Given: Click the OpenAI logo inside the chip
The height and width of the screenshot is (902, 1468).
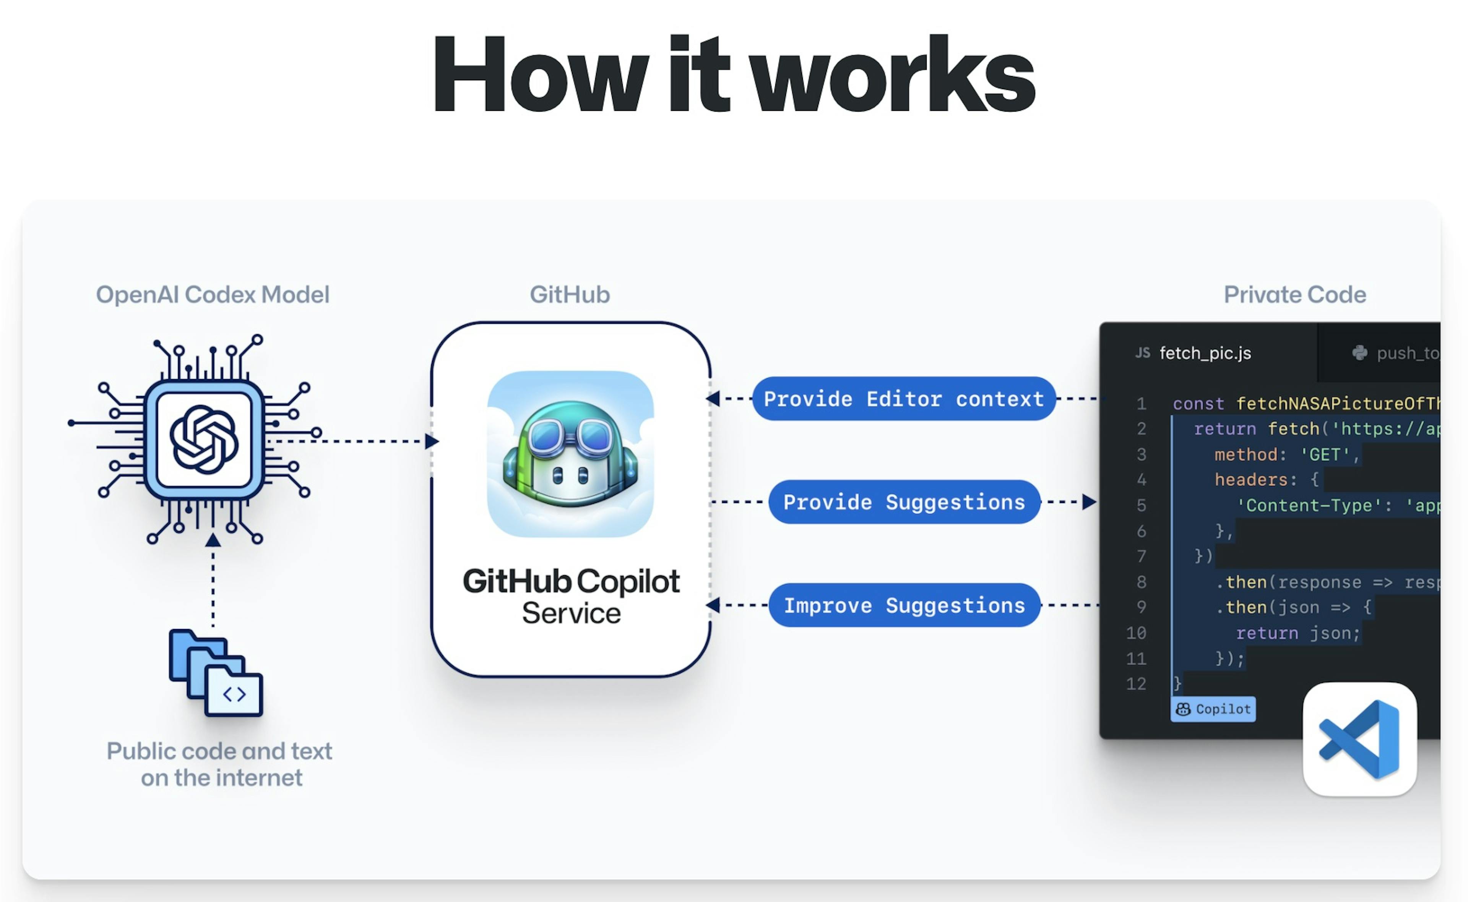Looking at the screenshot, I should (204, 440).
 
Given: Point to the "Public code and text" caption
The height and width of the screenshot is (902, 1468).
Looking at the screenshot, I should (219, 751).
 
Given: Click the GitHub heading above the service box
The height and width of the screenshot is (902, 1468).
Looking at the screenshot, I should (570, 295).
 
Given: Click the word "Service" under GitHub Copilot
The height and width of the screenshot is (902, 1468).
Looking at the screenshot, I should (571, 613).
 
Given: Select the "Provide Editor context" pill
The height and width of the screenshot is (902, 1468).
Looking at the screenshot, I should (904, 399).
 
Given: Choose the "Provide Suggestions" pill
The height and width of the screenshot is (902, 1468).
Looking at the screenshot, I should (904, 502).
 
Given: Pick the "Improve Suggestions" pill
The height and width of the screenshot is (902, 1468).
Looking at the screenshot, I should (904, 605).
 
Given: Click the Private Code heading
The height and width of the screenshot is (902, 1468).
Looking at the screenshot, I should (1294, 295).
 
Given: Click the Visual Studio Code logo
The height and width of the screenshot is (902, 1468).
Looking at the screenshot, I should (1359, 739).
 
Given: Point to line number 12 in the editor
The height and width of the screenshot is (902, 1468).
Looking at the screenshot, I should (1136, 684).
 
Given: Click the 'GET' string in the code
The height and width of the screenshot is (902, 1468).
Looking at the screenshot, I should (1324, 454).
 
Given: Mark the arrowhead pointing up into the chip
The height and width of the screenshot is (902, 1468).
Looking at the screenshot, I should (213, 540).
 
